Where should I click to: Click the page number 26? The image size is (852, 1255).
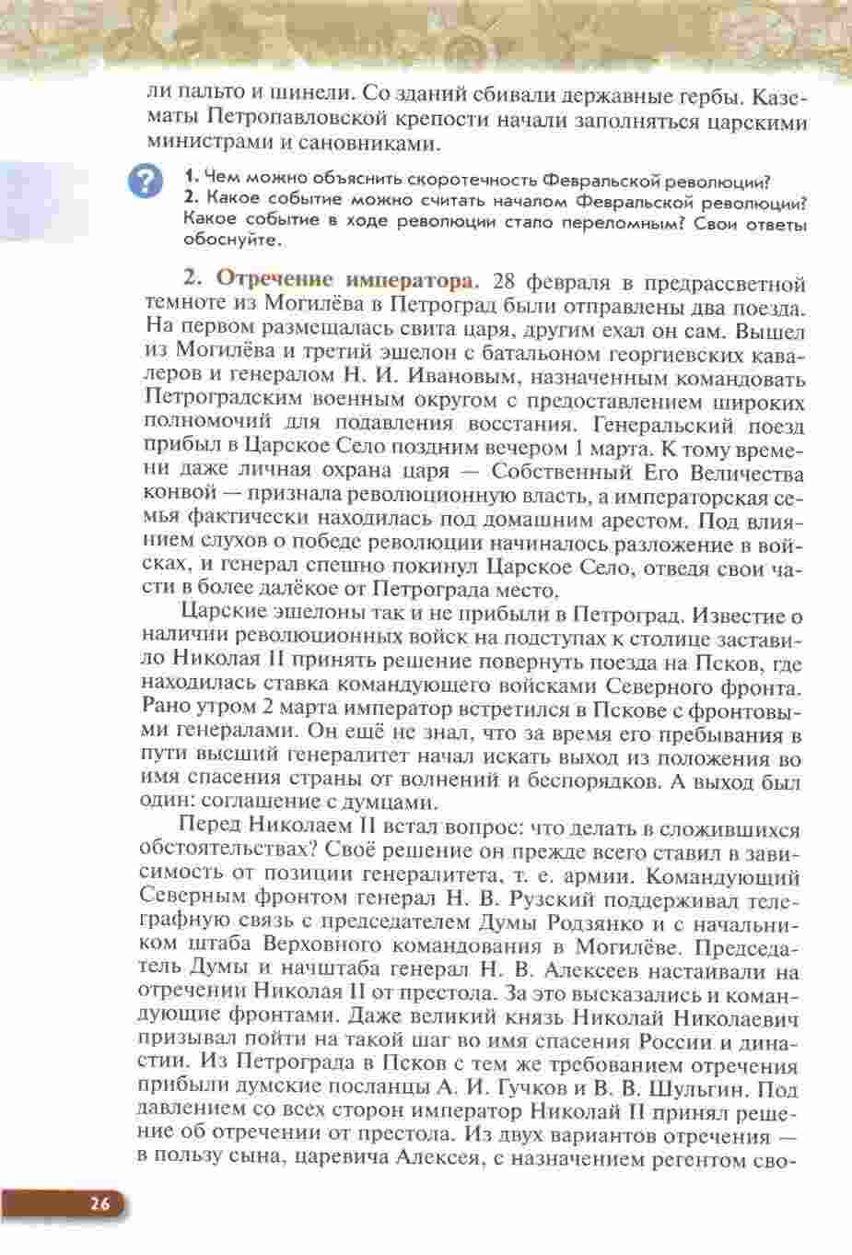pyautogui.click(x=100, y=1203)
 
